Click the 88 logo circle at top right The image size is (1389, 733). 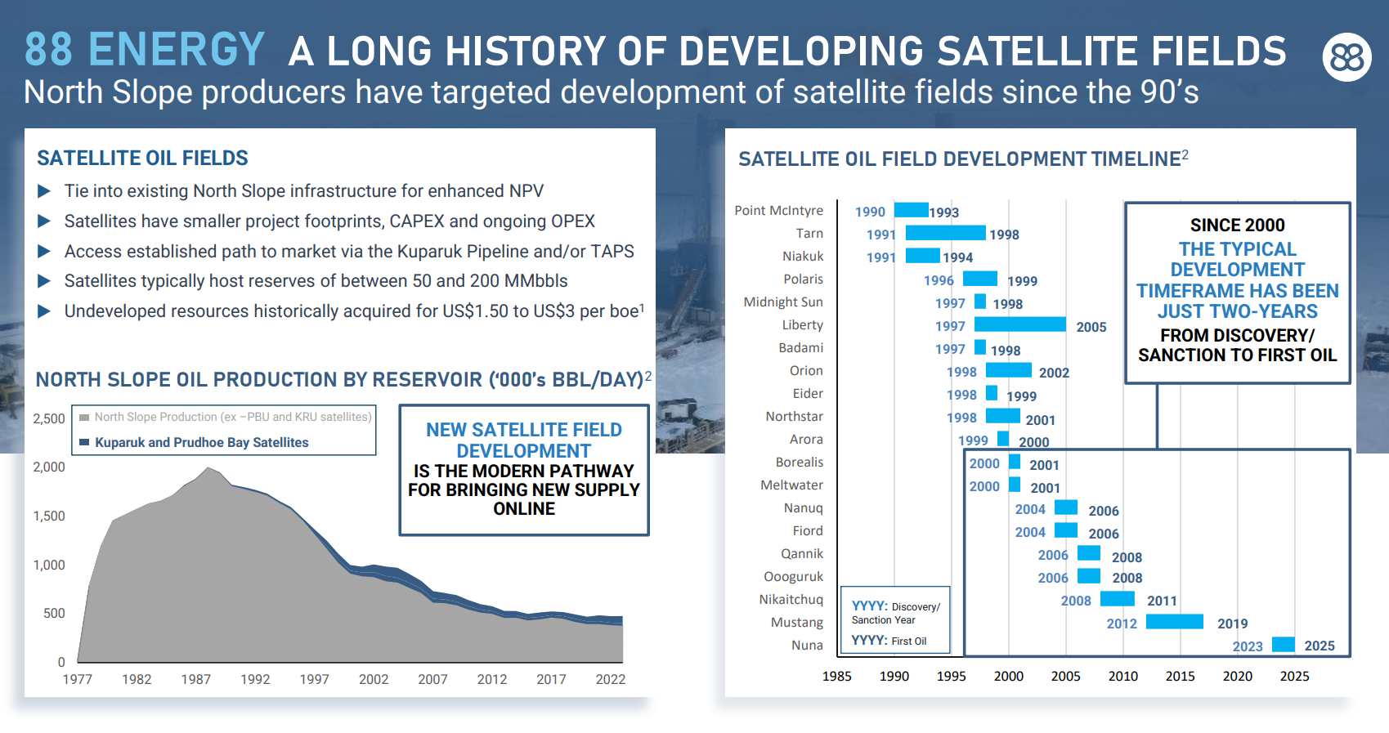click(1346, 56)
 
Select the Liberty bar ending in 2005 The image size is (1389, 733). click(1020, 324)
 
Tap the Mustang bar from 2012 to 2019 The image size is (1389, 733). click(1174, 622)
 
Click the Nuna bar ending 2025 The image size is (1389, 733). click(1283, 644)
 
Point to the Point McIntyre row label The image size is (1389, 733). click(778, 210)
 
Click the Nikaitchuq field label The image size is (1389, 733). click(791, 599)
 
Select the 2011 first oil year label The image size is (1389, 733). click(1161, 601)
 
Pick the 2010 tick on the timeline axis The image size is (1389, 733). click(1122, 676)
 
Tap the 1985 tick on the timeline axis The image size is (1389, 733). click(836, 676)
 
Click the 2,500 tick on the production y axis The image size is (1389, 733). click(49, 418)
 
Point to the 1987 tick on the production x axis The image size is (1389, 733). click(195, 679)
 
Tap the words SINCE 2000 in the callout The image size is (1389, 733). click(1237, 225)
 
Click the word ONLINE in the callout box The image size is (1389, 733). click(524, 508)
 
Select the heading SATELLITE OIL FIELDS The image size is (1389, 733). click(142, 158)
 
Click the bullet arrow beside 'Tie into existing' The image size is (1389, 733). click(44, 191)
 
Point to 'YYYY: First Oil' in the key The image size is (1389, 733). click(889, 641)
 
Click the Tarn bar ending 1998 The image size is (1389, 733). click(945, 233)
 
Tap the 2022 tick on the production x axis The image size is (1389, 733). click(610, 679)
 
